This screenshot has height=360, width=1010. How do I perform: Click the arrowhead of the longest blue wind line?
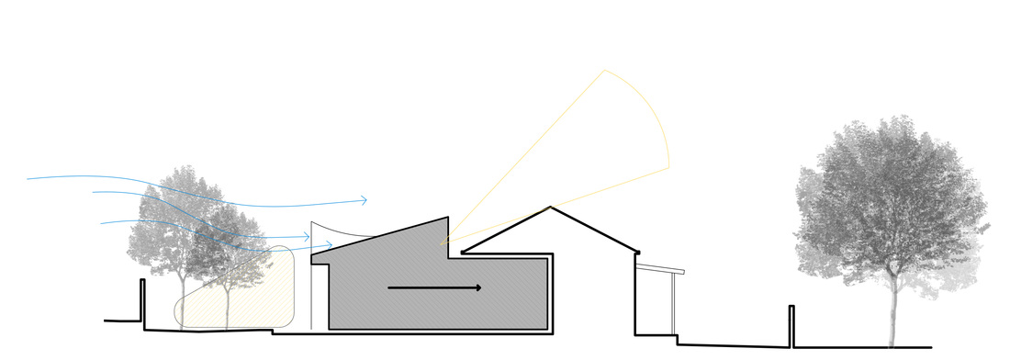point(365,200)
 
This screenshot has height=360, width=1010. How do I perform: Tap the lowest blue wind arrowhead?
point(331,245)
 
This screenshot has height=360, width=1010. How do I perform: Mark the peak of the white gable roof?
point(551,208)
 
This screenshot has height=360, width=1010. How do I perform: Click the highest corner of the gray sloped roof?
point(446,217)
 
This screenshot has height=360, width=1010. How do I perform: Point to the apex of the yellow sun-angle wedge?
point(443,243)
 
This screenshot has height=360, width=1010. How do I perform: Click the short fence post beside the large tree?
point(791,326)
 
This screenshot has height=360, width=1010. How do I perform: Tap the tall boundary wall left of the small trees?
point(141,301)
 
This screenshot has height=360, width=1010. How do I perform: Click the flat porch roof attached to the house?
point(661,268)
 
